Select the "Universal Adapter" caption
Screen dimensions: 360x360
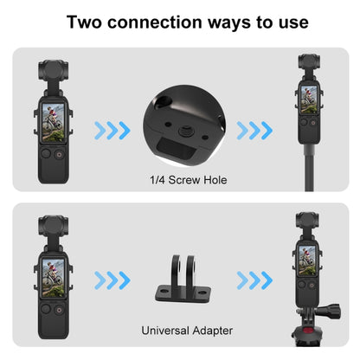click(180, 331)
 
